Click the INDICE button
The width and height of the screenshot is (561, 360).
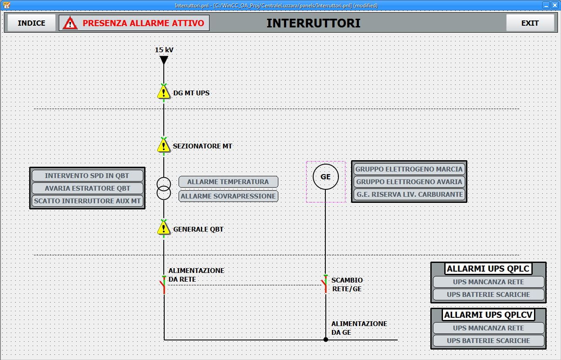[31, 23]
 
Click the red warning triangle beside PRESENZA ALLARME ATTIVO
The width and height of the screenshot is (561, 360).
[70, 23]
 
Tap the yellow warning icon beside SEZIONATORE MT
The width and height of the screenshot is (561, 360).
[164, 145]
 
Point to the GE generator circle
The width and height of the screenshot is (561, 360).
[326, 177]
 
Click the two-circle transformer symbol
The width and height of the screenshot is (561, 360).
[164, 188]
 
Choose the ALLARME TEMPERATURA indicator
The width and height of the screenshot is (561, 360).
[228, 182]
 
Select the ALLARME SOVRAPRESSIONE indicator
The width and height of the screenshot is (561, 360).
[228, 196]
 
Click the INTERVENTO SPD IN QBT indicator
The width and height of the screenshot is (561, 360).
[87, 175]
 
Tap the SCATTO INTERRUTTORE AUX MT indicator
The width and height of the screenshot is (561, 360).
[87, 201]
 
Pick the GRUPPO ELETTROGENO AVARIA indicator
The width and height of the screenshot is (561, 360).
[409, 182]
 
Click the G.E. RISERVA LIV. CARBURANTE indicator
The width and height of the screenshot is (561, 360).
[409, 194]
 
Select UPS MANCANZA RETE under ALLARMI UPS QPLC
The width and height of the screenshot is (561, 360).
[488, 282]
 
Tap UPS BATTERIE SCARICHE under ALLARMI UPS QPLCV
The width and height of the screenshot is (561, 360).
[488, 341]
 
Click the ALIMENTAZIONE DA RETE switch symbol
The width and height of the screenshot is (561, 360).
[163, 285]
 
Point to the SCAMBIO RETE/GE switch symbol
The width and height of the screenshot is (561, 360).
[325, 284]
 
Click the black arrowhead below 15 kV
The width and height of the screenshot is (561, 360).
[164, 60]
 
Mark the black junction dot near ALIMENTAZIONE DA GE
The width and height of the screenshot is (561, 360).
[326, 340]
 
